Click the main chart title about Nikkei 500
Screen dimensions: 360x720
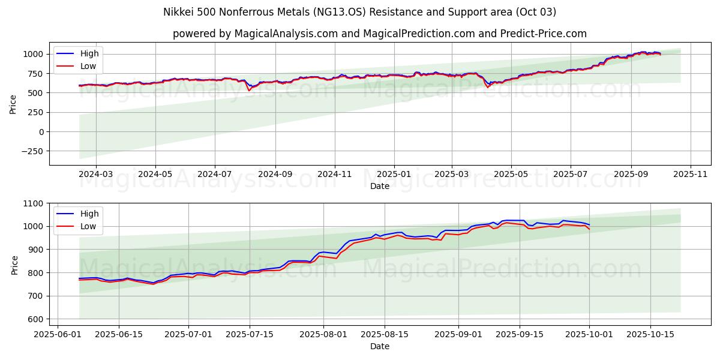coord(359,12)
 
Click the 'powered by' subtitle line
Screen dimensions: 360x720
coord(379,34)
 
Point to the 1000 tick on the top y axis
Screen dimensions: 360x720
coord(33,54)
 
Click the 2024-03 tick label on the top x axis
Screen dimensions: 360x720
coord(96,173)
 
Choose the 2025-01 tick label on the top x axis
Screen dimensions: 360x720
coord(394,173)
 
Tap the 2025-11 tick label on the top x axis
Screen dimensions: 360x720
coord(691,173)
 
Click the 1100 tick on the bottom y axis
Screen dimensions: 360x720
coord(33,203)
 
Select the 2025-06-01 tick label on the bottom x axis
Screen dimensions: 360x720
coord(58,334)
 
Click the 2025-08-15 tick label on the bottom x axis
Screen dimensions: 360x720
coord(385,334)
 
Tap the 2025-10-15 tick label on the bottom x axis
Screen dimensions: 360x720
coord(650,334)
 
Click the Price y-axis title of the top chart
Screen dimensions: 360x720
coord(13,104)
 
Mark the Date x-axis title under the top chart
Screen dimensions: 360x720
coord(379,186)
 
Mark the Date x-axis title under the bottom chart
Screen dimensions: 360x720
coord(379,346)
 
